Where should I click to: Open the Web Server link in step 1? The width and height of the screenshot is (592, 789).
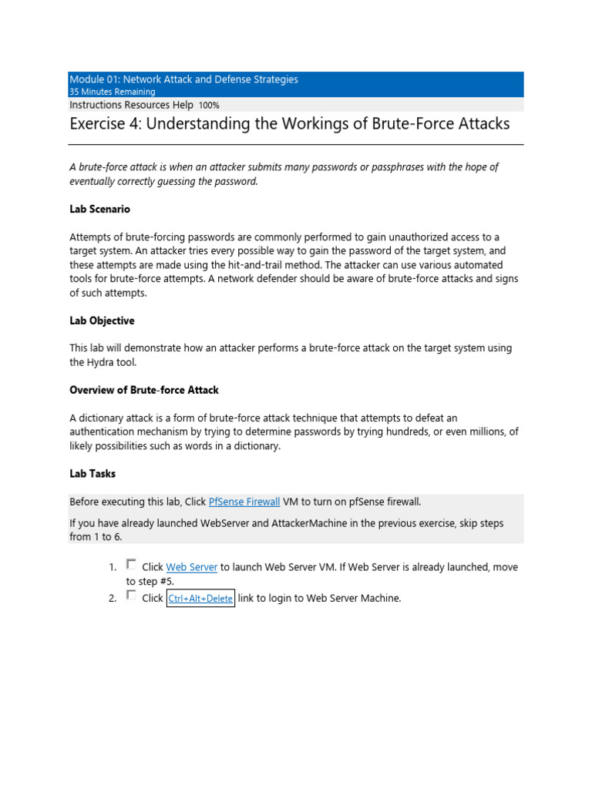pyautogui.click(x=191, y=567)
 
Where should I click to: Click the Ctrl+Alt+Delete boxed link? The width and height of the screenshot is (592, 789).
pyautogui.click(x=200, y=599)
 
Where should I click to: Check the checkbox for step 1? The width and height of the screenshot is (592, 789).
pyautogui.click(x=131, y=565)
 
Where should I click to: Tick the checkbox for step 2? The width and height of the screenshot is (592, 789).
pyautogui.click(x=131, y=596)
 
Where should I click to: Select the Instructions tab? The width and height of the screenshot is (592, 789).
pyautogui.click(x=96, y=105)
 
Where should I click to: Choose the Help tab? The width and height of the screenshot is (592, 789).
pyautogui.click(x=183, y=105)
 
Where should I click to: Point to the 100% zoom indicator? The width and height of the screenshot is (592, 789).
pyautogui.click(x=209, y=106)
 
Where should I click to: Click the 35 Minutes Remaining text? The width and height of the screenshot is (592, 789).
pyautogui.click(x=112, y=92)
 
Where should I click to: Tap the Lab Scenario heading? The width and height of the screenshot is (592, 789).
pyautogui.click(x=99, y=209)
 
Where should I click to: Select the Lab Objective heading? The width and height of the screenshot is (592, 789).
pyautogui.click(x=102, y=321)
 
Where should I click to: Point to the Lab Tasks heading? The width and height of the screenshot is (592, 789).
pyautogui.click(x=92, y=474)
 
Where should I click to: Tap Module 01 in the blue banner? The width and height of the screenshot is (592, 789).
pyautogui.click(x=93, y=79)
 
